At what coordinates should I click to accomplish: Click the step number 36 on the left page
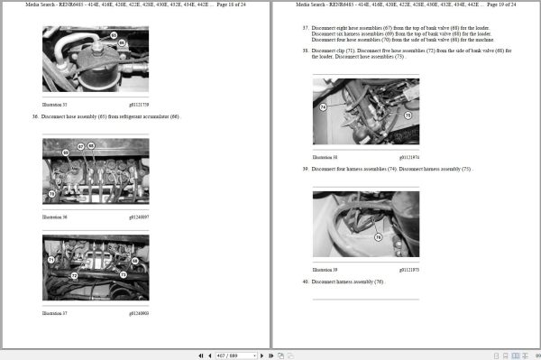(35, 116)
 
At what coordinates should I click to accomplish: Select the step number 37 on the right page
(305, 28)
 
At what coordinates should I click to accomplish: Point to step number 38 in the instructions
(305, 51)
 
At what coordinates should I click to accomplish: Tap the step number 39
(305, 169)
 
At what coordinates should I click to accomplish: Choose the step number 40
(305, 282)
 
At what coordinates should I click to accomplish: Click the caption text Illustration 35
(55, 105)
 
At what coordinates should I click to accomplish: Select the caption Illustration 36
(55, 217)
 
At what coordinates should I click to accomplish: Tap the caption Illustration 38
(325, 157)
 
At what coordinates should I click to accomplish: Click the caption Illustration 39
(325, 269)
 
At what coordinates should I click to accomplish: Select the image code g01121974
(408, 157)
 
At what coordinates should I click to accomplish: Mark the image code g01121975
(408, 269)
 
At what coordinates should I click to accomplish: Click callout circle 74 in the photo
(323, 107)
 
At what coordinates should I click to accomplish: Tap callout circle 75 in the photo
(408, 115)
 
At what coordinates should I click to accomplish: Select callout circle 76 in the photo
(378, 237)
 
